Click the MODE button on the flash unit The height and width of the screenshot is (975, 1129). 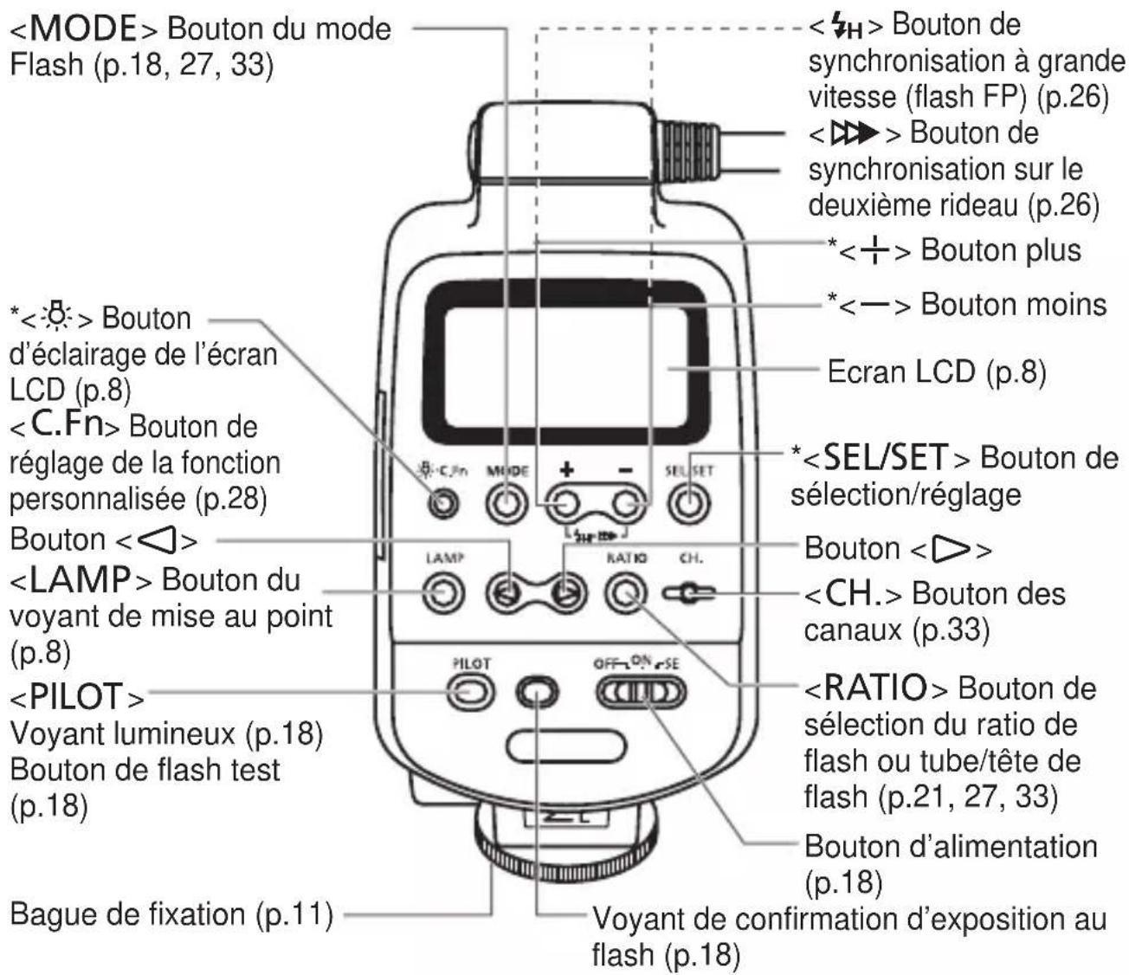pos(506,503)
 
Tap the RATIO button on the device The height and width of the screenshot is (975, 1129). pos(627,594)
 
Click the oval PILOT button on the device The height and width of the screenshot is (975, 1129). pos(470,691)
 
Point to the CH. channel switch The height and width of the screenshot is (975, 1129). pos(688,594)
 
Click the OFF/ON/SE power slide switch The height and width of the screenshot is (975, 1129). pos(640,693)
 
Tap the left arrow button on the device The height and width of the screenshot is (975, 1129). pos(506,594)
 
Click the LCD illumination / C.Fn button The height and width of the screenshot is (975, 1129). pos(444,503)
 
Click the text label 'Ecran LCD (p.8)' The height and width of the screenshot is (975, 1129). pos(937,371)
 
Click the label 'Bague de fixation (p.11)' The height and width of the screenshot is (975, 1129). pos(171,914)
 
